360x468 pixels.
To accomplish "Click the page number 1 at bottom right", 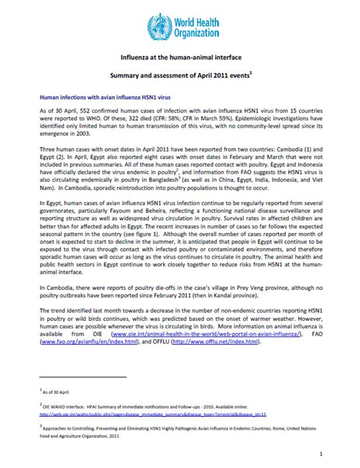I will tap(322, 453).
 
